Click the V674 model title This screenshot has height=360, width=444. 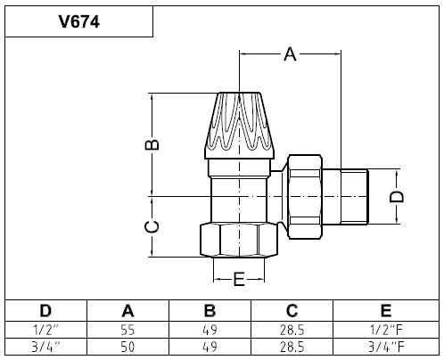pyautogui.click(x=79, y=21)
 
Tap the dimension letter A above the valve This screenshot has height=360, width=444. pyautogui.click(x=290, y=54)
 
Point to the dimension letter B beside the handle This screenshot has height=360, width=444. pyautogui.click(x=152, y=144)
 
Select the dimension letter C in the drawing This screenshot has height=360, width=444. pyautogui.click(x=152, y=227)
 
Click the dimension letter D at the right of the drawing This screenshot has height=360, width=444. pyautogui.click(x=397, y=197)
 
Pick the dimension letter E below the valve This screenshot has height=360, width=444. pyautogui.click(x=239, y=279)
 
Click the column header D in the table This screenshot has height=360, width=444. pyautogui.click(x=45, y=311)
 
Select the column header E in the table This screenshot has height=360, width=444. pyautogui.click(x=386, y=311)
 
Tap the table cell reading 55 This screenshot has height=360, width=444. pyautogui.click(x=127, y=330)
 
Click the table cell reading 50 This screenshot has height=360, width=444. pyautogui.click(x=127, y=347)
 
